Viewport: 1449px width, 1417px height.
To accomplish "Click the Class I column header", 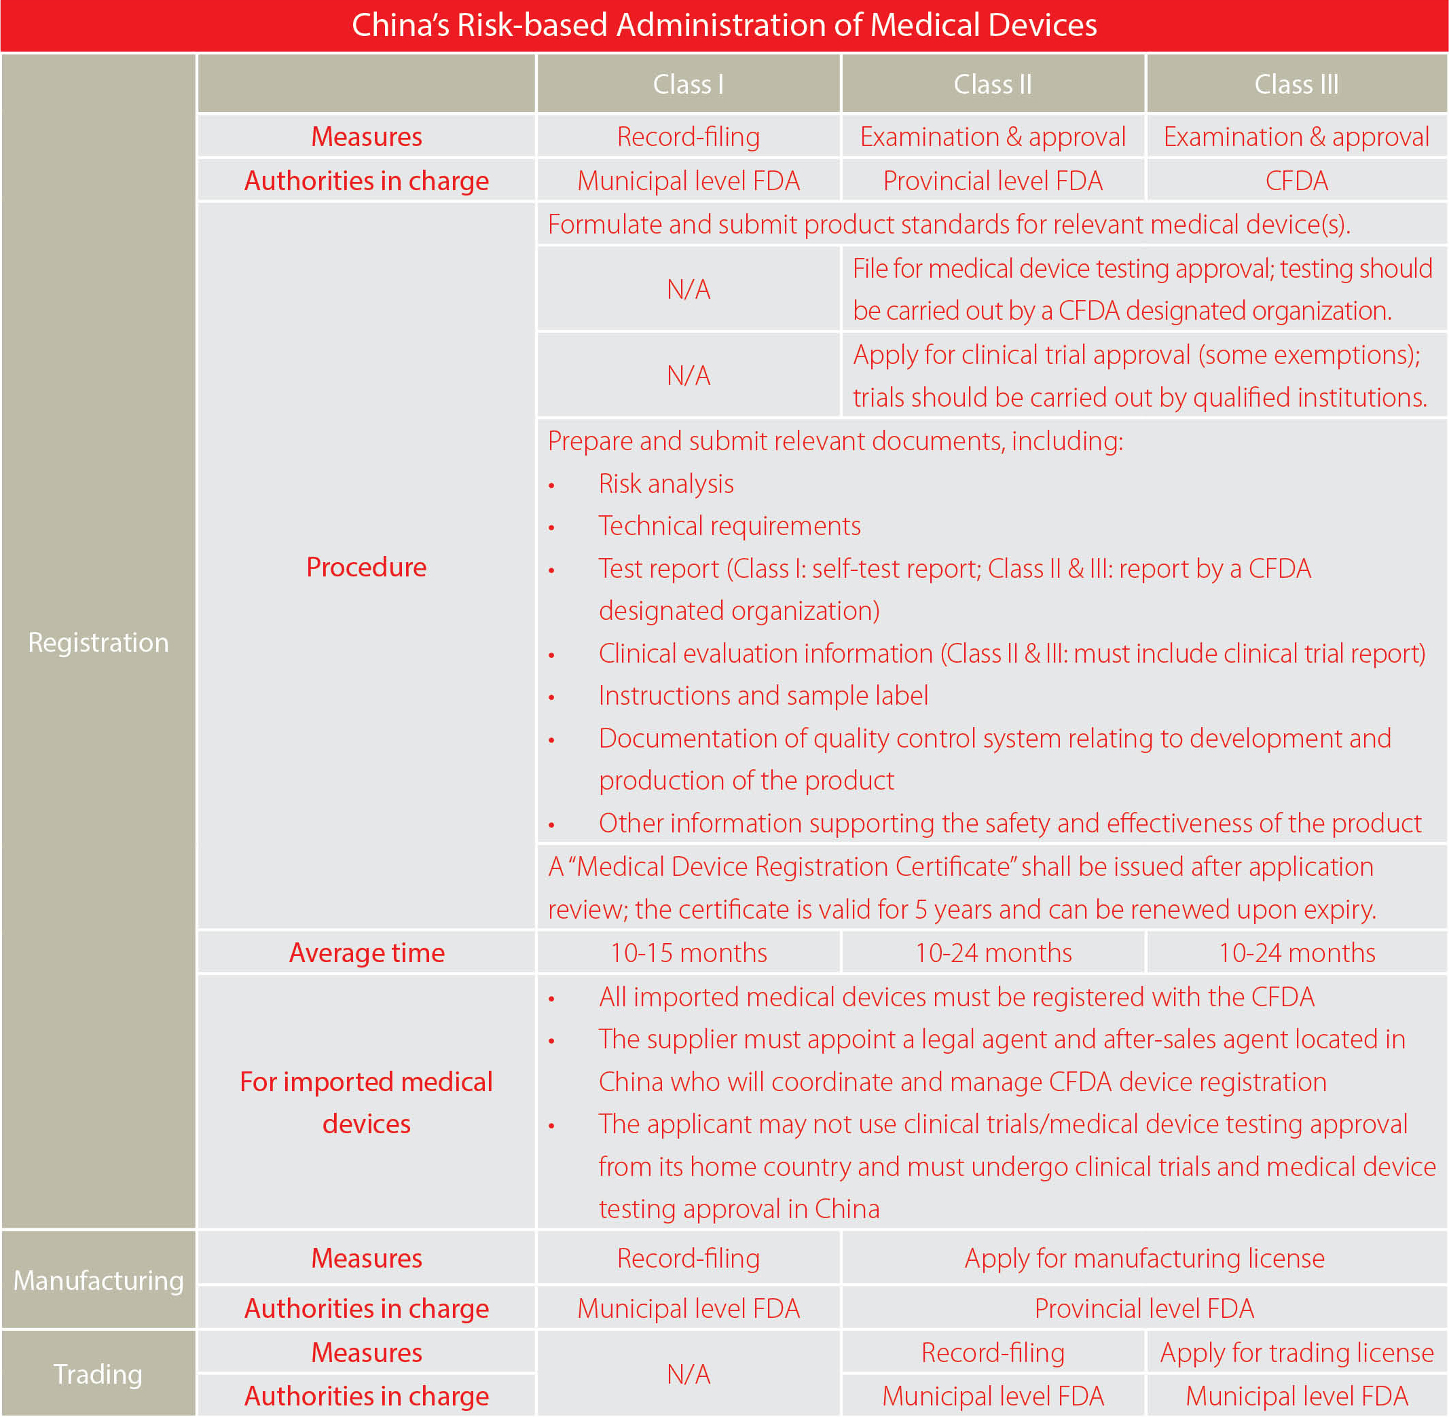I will pos(688,84).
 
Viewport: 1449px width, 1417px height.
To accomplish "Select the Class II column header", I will pos(992,84).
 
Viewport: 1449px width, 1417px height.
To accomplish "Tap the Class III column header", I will pos(1296,84).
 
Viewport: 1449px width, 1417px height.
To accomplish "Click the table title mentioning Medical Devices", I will pos(723,25).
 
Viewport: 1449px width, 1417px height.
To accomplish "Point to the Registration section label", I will pos(98,642).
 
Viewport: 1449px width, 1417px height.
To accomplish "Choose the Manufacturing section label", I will pos(98,1280).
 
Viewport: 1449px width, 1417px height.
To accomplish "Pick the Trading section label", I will pos(98,1374).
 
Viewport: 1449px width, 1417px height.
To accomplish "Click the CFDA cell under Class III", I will pos(1296,181).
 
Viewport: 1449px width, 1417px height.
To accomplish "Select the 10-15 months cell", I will pos(688,953).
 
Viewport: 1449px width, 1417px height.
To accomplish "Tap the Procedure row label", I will pos(366,567).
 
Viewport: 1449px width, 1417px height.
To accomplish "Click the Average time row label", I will pos(366,953).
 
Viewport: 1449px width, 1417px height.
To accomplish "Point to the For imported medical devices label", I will pos(366,1102).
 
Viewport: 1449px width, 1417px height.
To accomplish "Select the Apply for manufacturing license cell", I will pos(1144,1257).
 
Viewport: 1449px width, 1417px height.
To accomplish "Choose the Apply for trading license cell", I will pos(1296,1352).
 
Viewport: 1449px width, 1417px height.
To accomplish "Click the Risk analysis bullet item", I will pos(665,483).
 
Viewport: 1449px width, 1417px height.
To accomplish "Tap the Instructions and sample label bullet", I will pos(763,695).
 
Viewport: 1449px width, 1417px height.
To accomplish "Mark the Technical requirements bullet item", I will pos(729,526).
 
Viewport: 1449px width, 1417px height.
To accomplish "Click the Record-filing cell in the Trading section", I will pos(992,1352).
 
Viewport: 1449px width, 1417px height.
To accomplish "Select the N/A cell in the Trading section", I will pos(688,1374).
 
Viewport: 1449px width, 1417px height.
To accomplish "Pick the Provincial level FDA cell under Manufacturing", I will pos(1144,1308).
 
